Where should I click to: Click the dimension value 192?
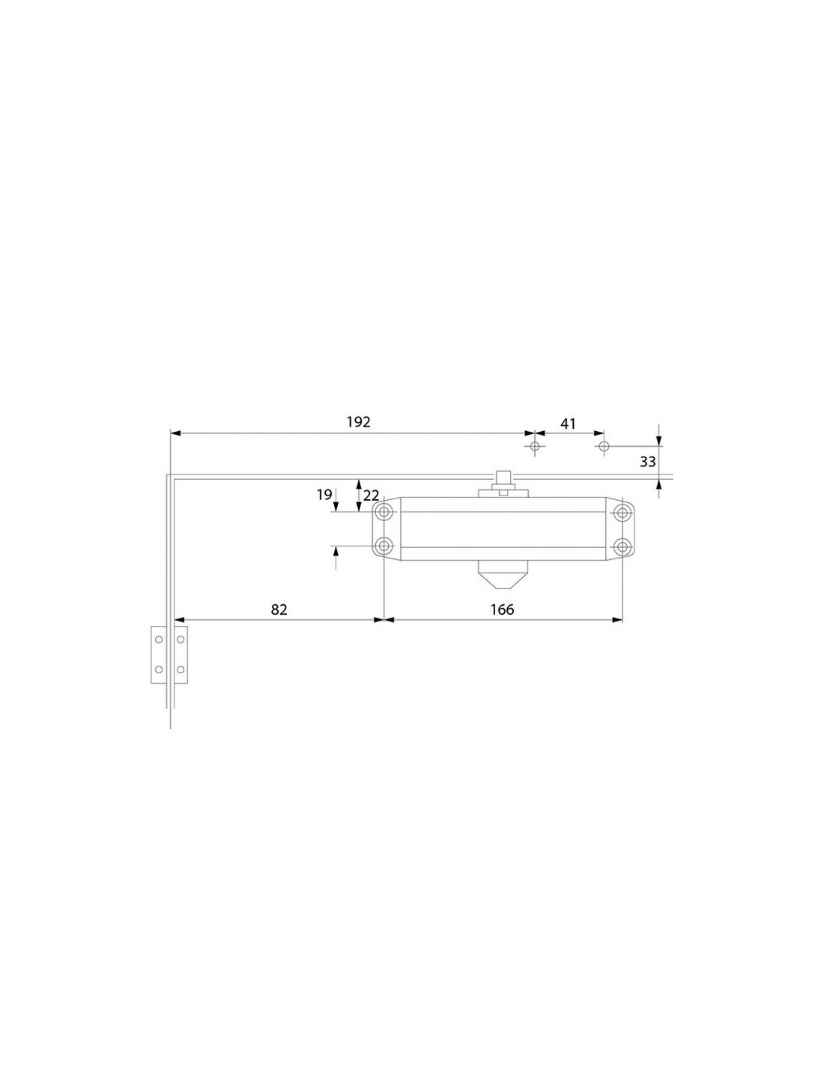358,422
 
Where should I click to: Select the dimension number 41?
568,424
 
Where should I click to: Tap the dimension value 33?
647,461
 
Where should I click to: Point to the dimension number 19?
324,495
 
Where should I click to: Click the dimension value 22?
371,496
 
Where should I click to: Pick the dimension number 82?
279,609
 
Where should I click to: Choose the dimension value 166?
502,609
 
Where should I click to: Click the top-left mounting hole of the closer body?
384,513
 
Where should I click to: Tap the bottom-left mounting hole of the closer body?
384,546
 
